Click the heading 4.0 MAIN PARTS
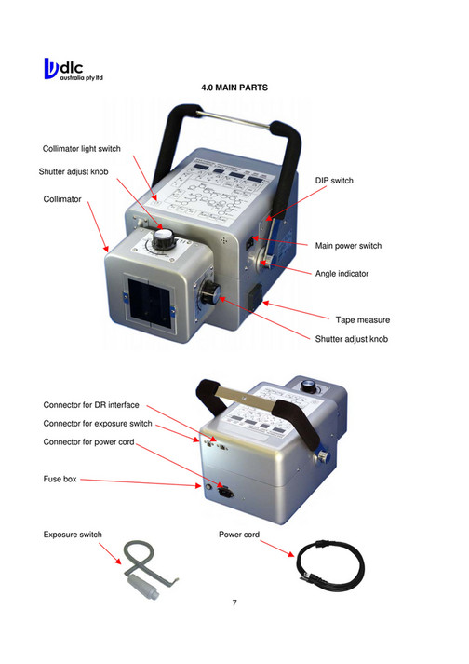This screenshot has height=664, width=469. [234, 88]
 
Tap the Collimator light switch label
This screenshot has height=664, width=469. [82, 149]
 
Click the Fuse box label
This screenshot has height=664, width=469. [60, 479]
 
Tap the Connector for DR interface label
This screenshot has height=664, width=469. [91, 405]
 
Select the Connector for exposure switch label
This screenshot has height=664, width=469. [98, 424]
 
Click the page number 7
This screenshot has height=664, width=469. [234, 603]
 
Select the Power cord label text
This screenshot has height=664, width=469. [238, 535]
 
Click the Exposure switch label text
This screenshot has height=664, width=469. [73, 535]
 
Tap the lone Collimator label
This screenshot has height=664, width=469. [62, 199]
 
